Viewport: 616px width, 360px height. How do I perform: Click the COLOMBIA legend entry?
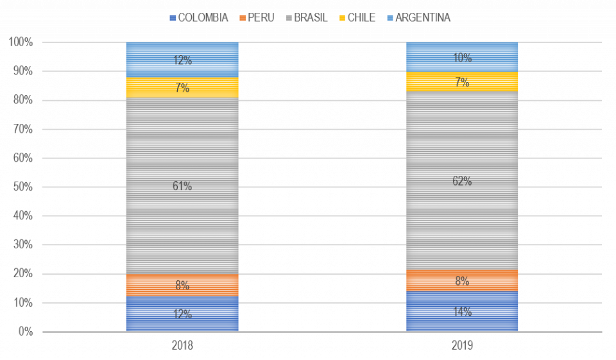point(199,18)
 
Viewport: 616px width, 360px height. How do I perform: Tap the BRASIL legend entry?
point(306,18)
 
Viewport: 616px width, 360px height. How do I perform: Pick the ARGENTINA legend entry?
point(418,18)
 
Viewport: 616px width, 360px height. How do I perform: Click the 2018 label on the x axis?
point(182,345)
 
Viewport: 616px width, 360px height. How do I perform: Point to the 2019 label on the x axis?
point(462,345)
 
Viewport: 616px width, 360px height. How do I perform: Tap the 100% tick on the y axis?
point(21,42)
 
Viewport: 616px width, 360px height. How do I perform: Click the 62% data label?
point(462,182)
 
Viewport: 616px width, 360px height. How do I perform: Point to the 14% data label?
point(462,313)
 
